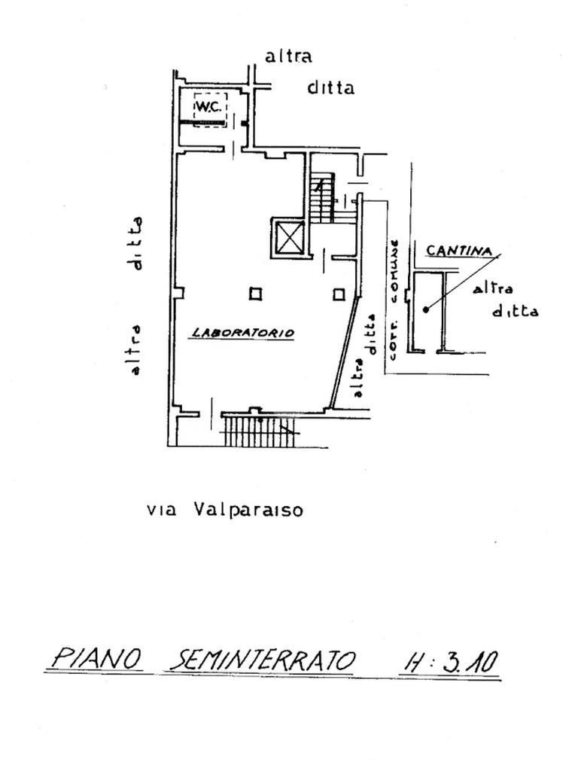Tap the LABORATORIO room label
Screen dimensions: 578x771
[242, 332]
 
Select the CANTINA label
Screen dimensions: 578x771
[459, 251]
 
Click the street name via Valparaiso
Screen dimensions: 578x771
[225, 510]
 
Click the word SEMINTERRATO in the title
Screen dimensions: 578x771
[263, 660]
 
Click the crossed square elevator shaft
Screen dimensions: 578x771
[287, 239]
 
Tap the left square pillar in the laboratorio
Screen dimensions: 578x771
[256, 294]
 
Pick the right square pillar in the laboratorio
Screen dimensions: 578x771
[339, 294]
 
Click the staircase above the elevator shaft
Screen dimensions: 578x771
[323, 198]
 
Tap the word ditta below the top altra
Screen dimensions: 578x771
[330, 88]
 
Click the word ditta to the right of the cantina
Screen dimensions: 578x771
[515, 311]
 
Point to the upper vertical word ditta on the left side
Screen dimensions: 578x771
[136, 242]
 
